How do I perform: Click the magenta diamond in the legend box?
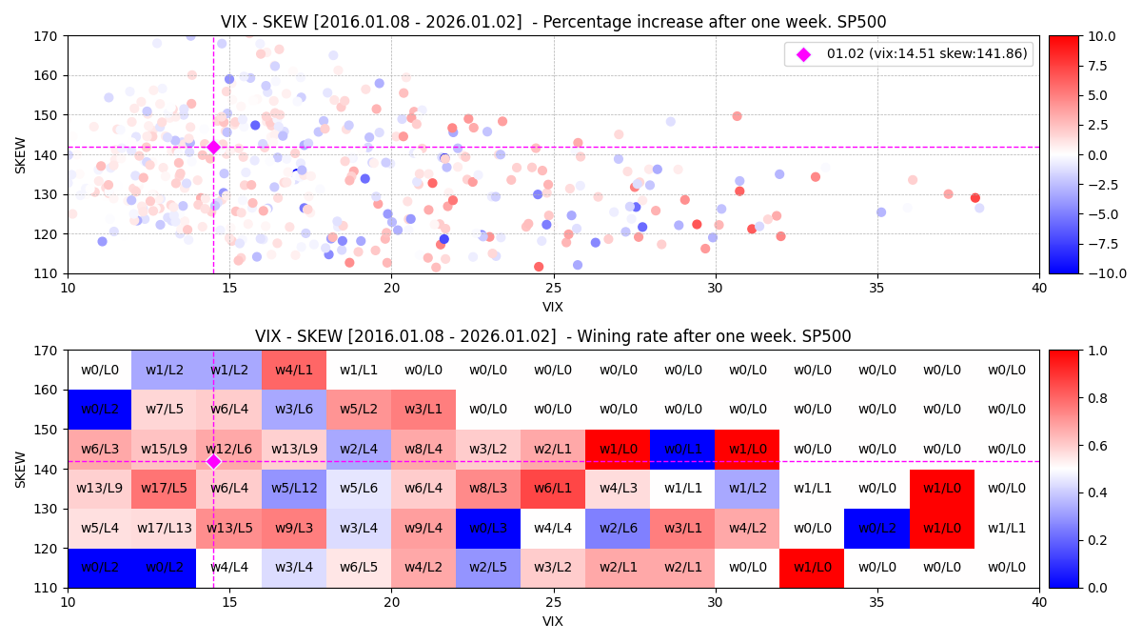pos(803,54)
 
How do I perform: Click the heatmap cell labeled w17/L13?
pos(164,528)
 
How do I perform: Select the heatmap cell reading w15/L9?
pos(164,449)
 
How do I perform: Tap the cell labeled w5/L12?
pos(294,489)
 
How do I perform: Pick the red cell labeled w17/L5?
pos(164,489)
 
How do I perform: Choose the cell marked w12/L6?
pos(229,449)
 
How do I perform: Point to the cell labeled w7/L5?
pos(164,409)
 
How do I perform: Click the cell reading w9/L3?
pos(294,528)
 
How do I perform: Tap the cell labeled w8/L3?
pos(488,489)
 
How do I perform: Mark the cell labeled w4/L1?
pos(294,370)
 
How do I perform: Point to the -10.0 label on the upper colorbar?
pos(1100,273)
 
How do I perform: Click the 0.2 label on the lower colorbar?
pos(1094,540)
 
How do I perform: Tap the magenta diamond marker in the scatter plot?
pos(213,147)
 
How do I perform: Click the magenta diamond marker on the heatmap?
pos(213,461)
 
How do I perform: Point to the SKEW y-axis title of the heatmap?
pos(21,469)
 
